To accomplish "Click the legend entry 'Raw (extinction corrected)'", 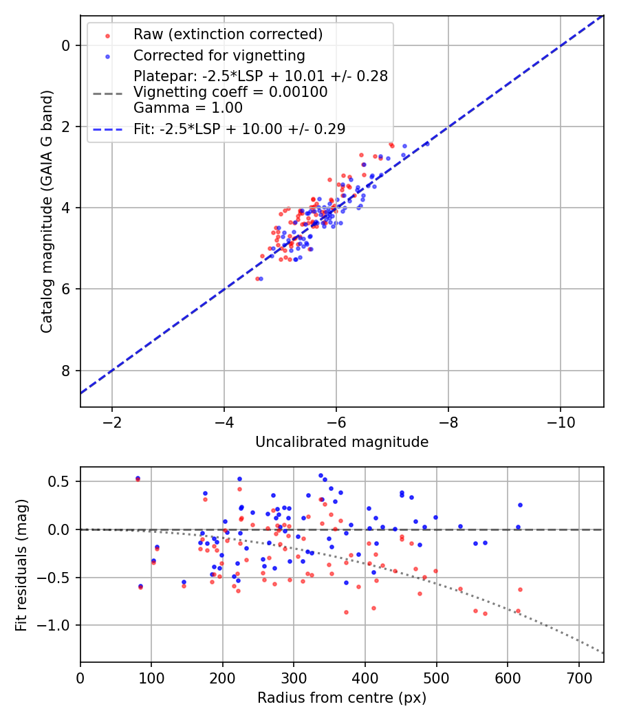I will (228, 34).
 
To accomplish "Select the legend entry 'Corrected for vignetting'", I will (219, 55).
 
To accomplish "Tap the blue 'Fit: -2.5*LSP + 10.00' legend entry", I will (239, 129).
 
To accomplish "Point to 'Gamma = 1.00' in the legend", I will (188, 108).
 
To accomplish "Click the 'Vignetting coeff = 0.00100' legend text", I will (230, 92).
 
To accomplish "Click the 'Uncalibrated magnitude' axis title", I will (342, 442).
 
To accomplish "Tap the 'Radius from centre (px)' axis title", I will (342, 698).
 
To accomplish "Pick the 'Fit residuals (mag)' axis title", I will (21, 565).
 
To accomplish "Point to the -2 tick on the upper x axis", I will (112, 422).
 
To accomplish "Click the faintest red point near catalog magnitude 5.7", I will (257, 278).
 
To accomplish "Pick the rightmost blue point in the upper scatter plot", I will (426, 144).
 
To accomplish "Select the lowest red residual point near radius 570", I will (485, 613).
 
